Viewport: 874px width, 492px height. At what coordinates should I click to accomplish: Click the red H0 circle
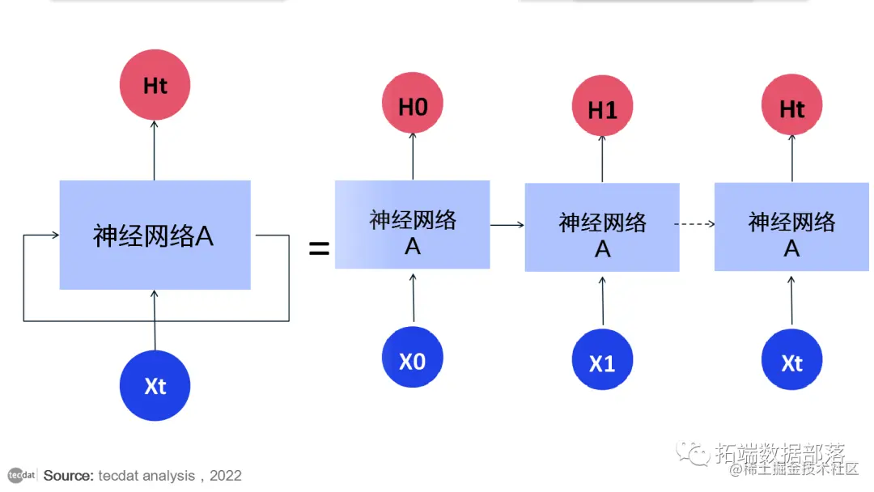tap(413, 106)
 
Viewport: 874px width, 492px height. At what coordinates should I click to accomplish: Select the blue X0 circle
tap(413, 358)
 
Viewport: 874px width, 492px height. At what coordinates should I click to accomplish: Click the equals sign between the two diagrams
tap(320, 249)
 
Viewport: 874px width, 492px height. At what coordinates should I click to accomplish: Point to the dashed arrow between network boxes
tap(696, 224)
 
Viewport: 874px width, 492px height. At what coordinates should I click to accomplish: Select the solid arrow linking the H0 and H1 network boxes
tap(507, 224)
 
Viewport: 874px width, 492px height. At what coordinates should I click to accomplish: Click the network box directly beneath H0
tap(413, 225)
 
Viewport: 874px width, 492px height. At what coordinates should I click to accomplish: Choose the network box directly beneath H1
tap(602, 227)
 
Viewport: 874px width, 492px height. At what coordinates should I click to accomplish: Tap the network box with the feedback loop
tap(155, 235)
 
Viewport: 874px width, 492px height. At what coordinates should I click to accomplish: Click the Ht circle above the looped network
tap(155, 85)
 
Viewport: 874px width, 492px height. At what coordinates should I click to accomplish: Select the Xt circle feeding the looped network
tap(155, 386)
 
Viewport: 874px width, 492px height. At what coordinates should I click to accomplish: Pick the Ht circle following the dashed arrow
tap(791, 108)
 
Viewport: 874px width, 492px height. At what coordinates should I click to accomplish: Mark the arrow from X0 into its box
tap(414, 298)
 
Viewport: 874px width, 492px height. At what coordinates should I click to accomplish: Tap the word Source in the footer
tap(68, 476)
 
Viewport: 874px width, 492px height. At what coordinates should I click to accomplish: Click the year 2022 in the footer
tap(226, 476)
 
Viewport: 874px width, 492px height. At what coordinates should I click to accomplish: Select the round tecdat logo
tap(22, 475)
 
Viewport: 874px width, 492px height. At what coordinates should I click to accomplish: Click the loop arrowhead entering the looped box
tap(54, 235)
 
